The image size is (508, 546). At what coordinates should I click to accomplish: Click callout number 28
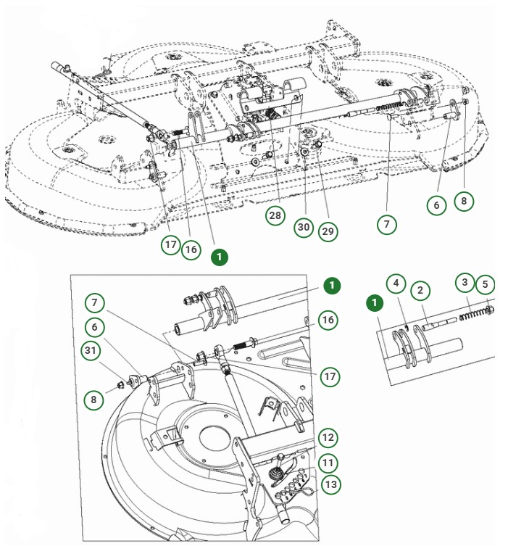(x=275, y=216)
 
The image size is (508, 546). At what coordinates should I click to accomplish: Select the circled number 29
(x=328, y=231)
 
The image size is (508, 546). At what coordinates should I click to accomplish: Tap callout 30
(x=304, y=227)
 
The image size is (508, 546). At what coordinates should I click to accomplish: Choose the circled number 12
(x=328, y=437)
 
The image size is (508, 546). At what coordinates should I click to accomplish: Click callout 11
(x=328, y=462)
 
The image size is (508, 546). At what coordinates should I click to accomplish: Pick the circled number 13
(x=331, y=485)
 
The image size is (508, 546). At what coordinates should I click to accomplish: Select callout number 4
(x=395, y=283)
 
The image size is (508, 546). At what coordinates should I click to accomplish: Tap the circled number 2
(x=420, y=291)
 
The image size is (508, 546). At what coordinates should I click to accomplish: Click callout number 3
(x=465, y=282)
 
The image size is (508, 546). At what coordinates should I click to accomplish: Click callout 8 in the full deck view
(x=465, y=200)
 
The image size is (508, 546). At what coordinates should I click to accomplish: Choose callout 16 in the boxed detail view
(x=328, y=320)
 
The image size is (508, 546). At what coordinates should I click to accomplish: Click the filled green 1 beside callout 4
(x=374, y=301)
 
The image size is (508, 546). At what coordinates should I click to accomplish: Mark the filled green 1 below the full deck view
(x=220, y=257)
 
